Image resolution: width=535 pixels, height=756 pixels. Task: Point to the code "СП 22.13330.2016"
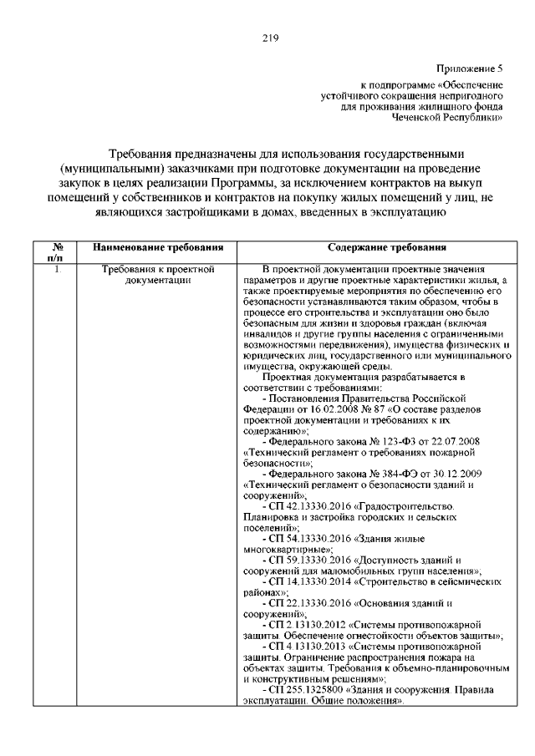310,602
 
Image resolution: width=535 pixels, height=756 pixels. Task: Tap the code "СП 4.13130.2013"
308,646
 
